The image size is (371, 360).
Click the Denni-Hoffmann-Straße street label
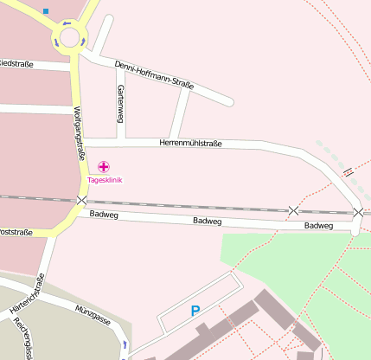click(x=153, y=74)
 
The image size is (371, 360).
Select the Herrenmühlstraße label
click(x=191, y=144)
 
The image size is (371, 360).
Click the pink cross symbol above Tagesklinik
click(x=105, y=166)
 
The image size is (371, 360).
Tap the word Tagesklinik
click(x=105, y=180)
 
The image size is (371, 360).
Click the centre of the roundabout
click(x=68, y=38)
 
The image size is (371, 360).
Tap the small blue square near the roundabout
click(x=46, y=12)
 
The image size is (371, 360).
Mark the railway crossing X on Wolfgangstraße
click(x=81, y=201)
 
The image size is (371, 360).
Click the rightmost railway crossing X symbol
click(x=359, y=212)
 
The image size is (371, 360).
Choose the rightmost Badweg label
click(x=318, y=226)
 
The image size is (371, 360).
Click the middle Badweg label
click(x=208, y=222)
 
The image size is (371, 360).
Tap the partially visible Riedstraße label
click(x=16, y=64)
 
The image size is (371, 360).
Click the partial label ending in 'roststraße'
click(x=16, y=232)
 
